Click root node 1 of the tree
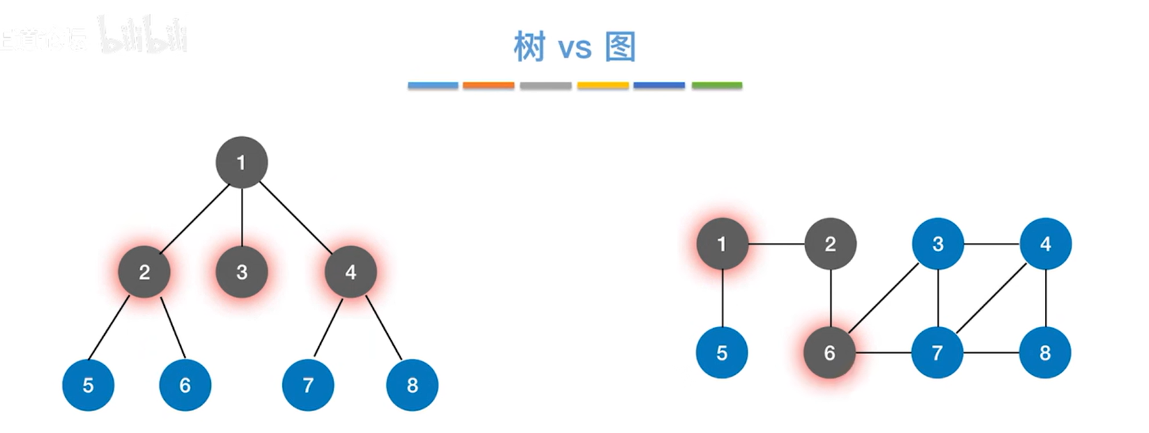click(x=241, y=162)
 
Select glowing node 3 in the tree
click(x=242, y=272)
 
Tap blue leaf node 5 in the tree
click(x=88, y=385)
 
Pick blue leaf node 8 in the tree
click(x=412, y=385)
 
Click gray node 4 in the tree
click(x=350, y=272)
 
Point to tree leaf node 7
click(x=308, y=385)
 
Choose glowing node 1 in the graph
click(x=722, y=244)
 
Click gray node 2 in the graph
click(x=830, y=244)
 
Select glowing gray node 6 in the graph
click(x=829, y=352)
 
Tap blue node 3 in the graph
click(x=937, y=244)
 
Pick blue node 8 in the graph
click(x=1045, y=352)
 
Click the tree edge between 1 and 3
click(x=242, y=217)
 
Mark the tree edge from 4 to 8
click(x=383, y=328)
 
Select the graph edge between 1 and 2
click(x=776, y=244)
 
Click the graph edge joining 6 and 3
click(x=884, y=298)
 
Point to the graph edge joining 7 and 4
click(x=991, y=298)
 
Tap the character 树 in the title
click(x=529, y=47)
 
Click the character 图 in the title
click(x=620, y=47)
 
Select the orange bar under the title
click(x=488, y=85)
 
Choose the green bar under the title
click(x=716, y=85)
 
